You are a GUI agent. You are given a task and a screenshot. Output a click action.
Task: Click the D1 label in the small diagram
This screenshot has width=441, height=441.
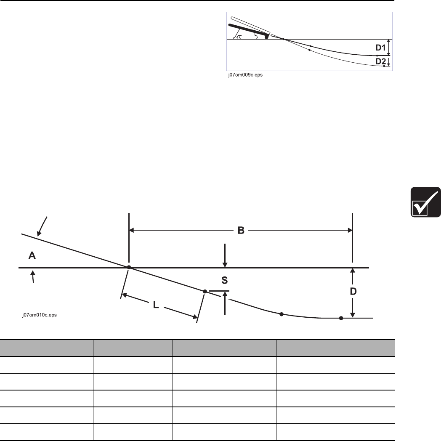click(380, 48)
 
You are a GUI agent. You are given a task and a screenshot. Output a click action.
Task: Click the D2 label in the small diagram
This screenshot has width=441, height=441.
click(380, 61)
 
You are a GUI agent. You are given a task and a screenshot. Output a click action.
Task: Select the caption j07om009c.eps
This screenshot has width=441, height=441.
click(245, 75)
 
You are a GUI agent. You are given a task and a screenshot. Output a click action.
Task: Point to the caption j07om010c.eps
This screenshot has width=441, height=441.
click(40, 315)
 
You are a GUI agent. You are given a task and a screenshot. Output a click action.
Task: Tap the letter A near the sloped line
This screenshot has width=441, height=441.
click(32, 255)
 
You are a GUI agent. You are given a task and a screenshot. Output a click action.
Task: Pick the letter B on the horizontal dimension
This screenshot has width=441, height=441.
click(241, 230)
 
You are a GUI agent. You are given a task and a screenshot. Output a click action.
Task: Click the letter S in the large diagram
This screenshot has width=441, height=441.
click(224, 280)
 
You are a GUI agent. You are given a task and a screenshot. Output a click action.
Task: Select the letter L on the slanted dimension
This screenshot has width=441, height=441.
click(156, 304)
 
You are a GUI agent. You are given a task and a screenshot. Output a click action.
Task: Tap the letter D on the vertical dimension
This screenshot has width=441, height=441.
click(353, 291)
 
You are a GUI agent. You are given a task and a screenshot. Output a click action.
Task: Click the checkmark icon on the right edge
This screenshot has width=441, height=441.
click(425, 202)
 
